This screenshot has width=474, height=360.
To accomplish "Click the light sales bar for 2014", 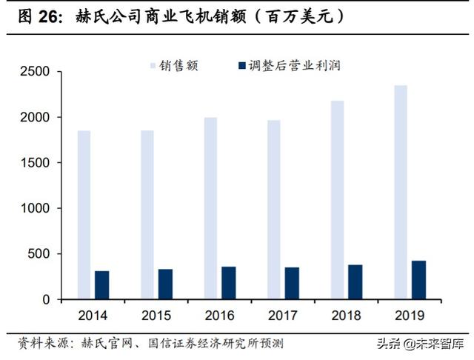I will (x=84, y=215).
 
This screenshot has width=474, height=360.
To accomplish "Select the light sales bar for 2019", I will (x=400, y=193).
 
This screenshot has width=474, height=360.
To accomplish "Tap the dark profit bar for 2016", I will (x=228, y=283).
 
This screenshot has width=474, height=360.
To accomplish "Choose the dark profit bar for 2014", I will (x=101, y=285).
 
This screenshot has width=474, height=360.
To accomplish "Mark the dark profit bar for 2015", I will (x=165, y=284).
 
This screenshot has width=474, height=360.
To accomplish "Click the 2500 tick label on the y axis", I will (x=34, y=72).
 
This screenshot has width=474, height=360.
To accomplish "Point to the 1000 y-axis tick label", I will (x=34, y=208).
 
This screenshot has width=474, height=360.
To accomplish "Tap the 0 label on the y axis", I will (x=45, y=299).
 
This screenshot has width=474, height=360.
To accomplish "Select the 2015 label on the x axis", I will (x=156, y=316).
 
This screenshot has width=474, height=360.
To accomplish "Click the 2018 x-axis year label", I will (x=346, y=316).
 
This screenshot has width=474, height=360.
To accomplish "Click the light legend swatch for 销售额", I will (x=155, y=65).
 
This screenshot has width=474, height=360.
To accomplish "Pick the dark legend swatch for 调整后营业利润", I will (x=241, y=65).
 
